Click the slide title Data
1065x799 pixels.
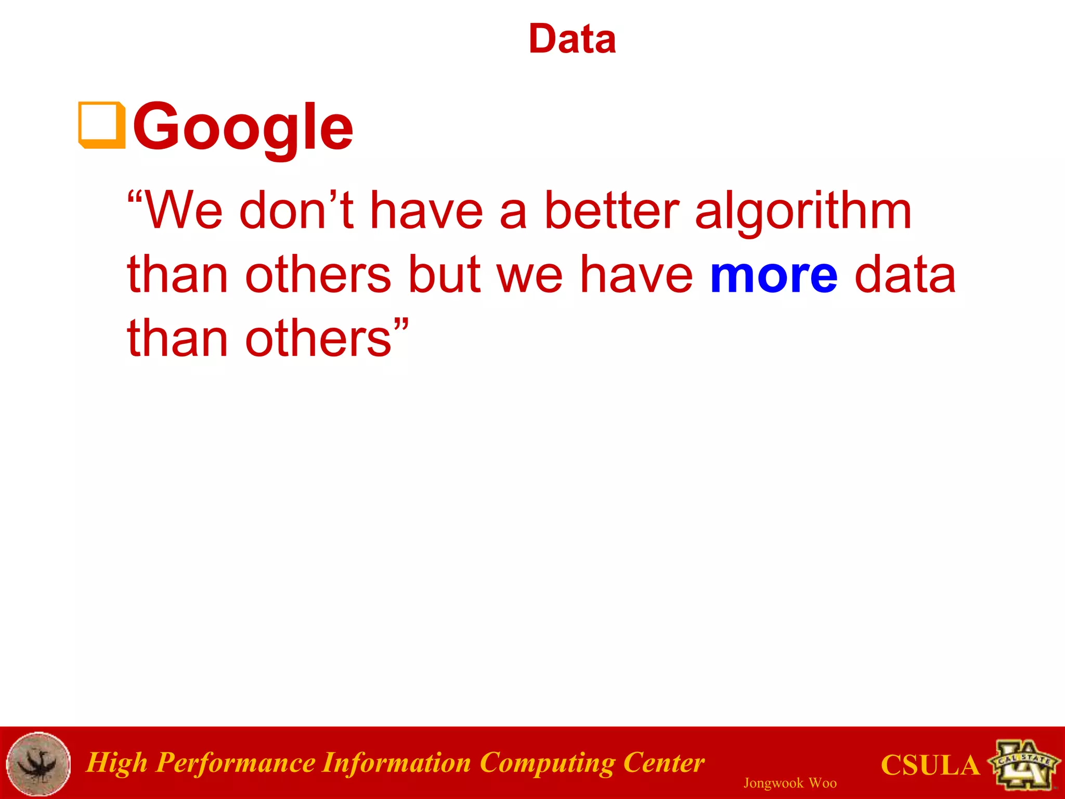coord(572,39)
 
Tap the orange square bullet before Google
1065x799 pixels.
coord(102,125)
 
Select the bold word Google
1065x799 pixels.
coord(243,126)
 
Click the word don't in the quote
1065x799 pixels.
coord(296,211)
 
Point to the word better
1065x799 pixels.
coord(612,211)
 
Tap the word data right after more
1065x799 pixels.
coord(905,274)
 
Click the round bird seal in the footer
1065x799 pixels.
coord(38,764)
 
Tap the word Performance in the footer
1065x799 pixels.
coord(236,764)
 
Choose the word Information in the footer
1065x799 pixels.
coord(396,763)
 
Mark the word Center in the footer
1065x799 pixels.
coord(664,763)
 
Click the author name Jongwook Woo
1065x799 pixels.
coord(790,783)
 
